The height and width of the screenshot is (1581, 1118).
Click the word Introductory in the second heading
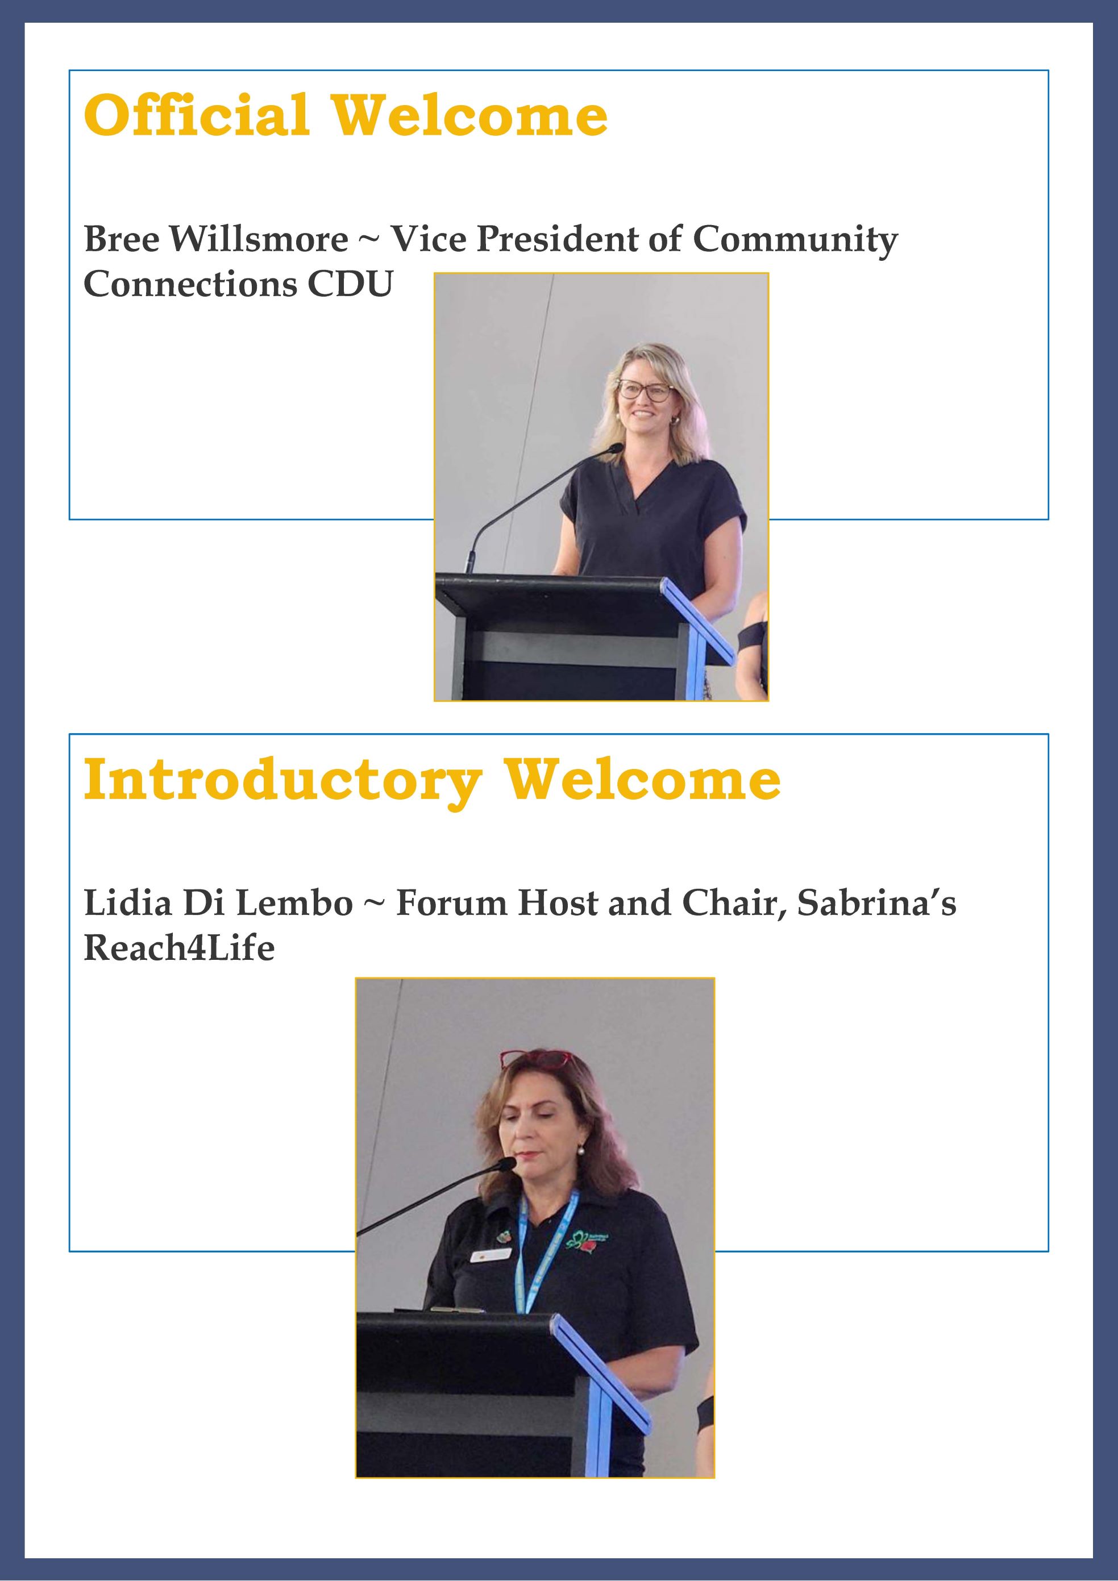click(282, 781)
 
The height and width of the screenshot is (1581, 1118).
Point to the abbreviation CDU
click(350, 284)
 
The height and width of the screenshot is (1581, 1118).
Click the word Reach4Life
click(179, 947)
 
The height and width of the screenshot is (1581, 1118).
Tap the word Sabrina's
click(876, 903)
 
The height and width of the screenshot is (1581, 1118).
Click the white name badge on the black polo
click(491, 1255)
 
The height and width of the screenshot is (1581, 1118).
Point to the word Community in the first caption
click(795, 240)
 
